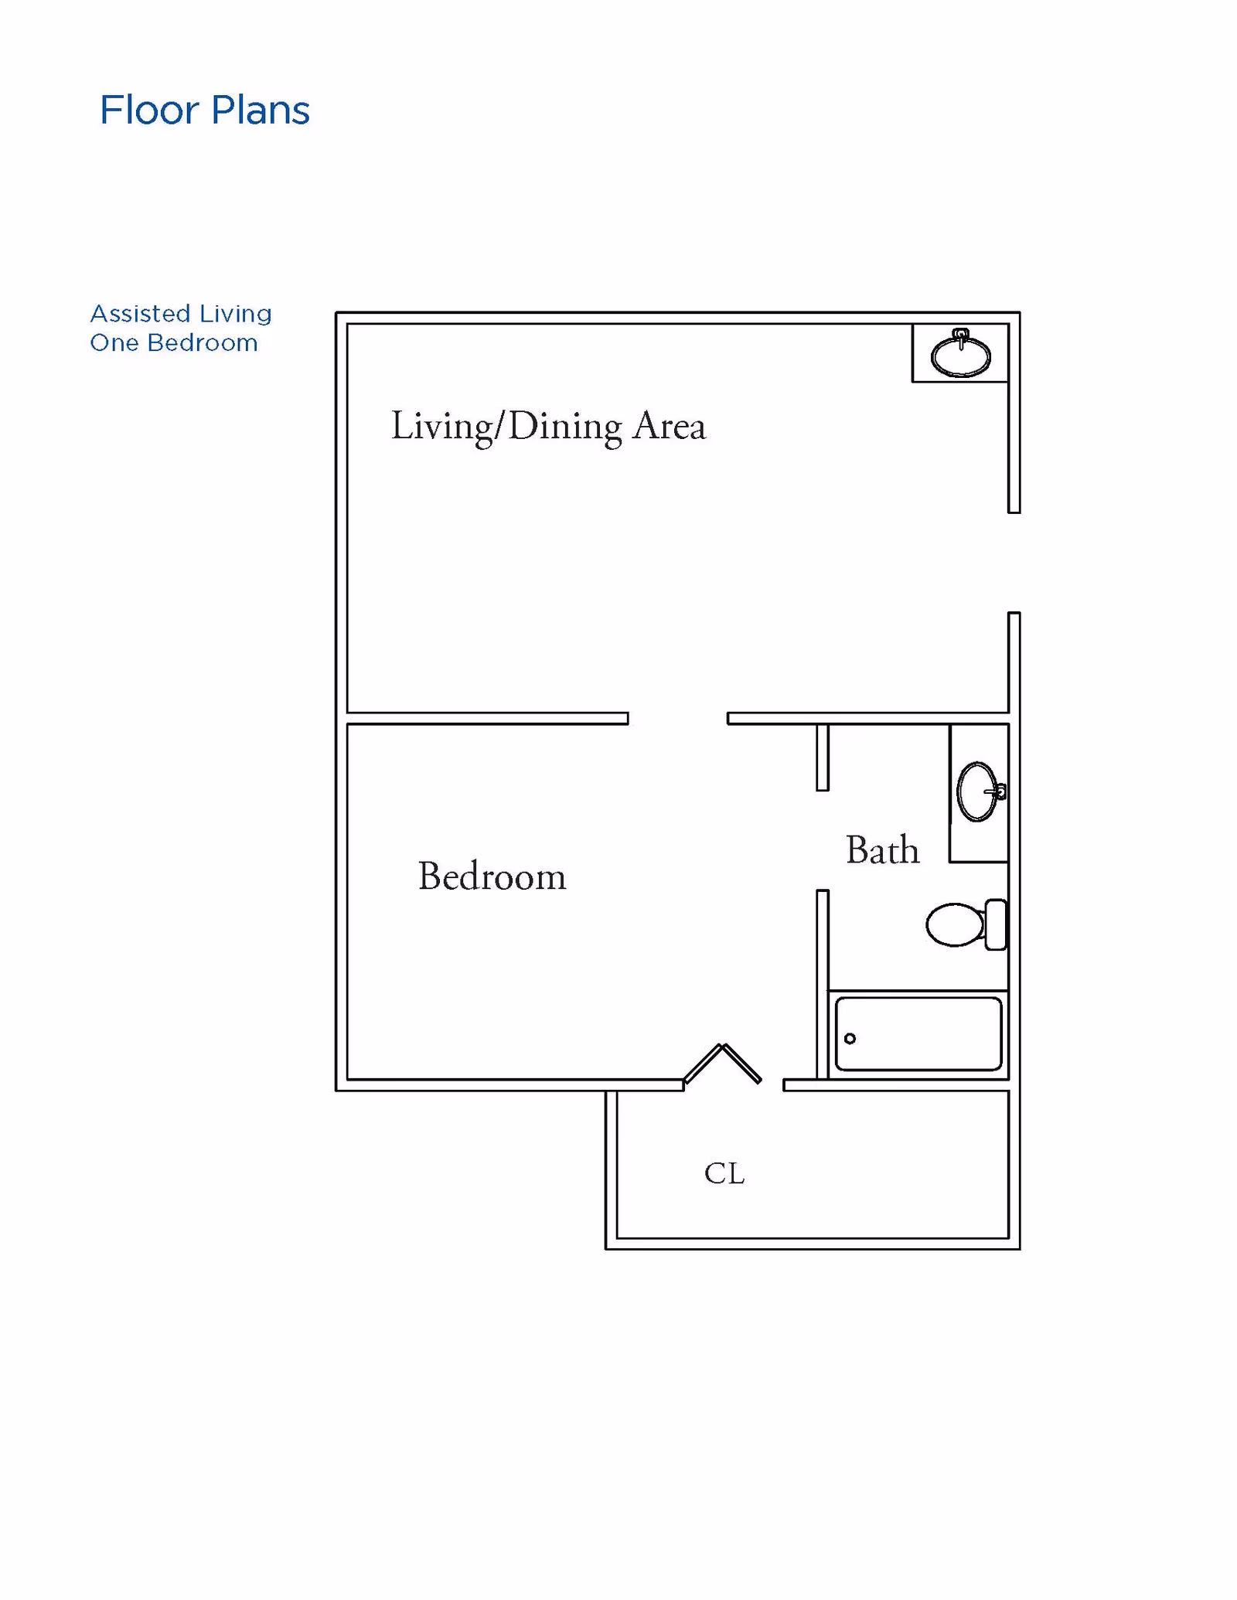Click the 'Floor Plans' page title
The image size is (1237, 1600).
(204, 110)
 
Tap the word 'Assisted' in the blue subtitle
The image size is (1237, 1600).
(140, 313)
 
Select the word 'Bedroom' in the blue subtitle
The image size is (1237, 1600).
(203, 342)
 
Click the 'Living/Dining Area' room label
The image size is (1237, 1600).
(548, 427)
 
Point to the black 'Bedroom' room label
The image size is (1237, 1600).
(492, 877)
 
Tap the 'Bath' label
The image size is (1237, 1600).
(882, 850)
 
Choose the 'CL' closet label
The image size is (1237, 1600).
(724, 1173)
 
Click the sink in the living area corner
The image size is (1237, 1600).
(960, 354)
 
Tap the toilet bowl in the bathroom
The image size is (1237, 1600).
(956, 924)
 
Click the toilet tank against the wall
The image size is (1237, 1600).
(996, 924)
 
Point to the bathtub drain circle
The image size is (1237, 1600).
(850, 1038)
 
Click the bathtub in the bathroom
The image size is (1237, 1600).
(918, 1034)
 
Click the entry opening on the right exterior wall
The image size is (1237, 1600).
(1014, 563)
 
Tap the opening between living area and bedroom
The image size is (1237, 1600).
(678, 719)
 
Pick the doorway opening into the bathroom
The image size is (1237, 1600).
(823, 841)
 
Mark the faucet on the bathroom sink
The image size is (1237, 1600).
(997, 791)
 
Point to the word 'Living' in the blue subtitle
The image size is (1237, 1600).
(236, 314)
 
